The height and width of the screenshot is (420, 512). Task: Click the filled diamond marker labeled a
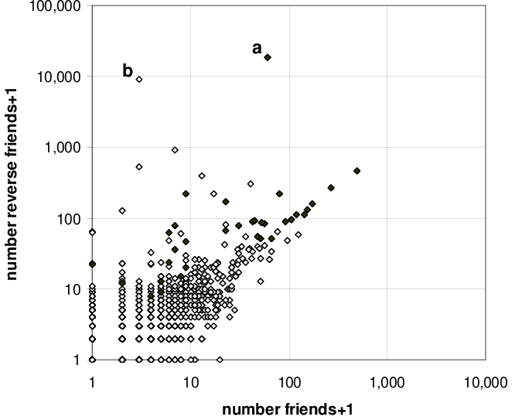point(268,57)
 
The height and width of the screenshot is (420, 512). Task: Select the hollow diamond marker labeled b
point(139,79)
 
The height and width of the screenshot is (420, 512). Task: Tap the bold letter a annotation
point(257,48)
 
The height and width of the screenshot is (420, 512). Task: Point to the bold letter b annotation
point(128,70)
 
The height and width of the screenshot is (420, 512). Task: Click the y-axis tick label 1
point(77,360)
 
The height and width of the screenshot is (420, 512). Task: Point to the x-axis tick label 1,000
point(387,383)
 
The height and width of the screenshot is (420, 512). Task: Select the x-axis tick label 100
point(289,382)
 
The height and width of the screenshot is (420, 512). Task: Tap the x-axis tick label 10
point(191,382)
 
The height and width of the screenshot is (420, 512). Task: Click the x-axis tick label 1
point(92,382)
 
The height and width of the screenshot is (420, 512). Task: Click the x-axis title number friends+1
point(288,410)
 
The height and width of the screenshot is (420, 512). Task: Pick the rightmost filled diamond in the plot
point(357,171)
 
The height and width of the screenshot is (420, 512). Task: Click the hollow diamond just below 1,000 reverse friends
point(175,150)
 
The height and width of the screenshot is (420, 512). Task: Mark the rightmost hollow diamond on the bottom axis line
point(220,360)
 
